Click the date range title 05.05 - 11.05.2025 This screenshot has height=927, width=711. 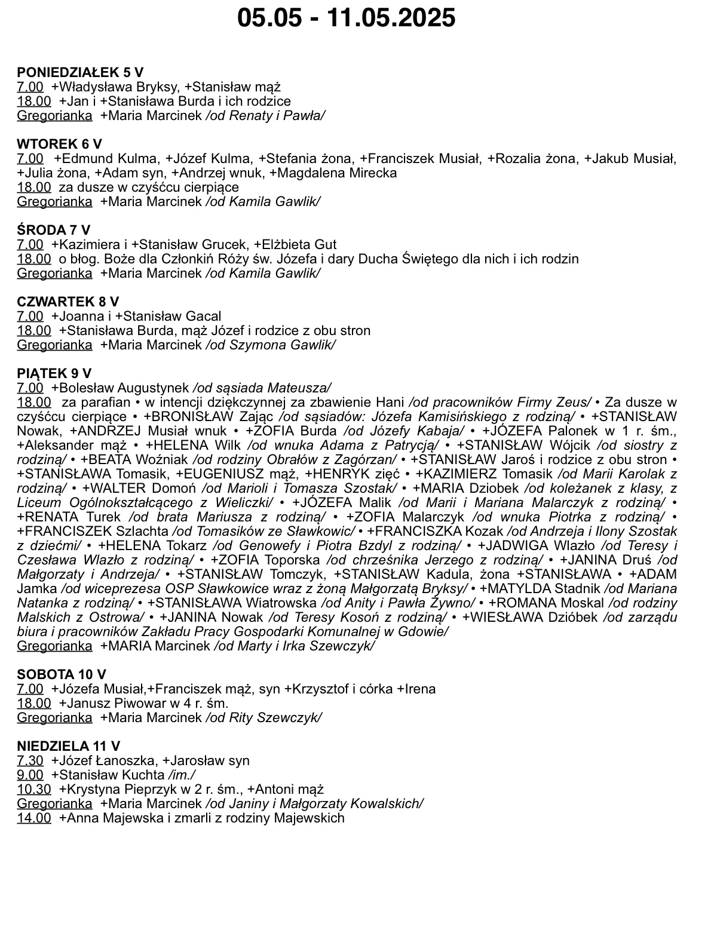[x=347, y=18]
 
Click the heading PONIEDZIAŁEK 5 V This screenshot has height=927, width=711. [x=80, y=72]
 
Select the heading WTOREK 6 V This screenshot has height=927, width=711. [x=59, y=144]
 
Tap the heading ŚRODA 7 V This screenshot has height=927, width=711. [x=53, y=230]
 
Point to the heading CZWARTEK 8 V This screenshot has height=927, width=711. [x=68, y=302]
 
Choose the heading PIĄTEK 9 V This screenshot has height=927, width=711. [x=54, y=373]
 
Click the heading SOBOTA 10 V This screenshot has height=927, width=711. [x=61, y=674]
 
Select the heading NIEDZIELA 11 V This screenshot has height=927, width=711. [x=68, y=746]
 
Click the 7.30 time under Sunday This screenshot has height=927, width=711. [x=30, y=760]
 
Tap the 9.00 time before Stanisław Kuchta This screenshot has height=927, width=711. [x=30, y=775]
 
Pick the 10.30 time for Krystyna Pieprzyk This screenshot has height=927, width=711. [x=33, y=789]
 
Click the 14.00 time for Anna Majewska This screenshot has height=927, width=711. [x=33, y=818]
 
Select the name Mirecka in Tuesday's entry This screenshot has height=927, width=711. [x=373, y=173]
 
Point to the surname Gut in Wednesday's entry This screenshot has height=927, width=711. [x=326, y=244]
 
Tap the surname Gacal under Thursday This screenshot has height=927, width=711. [x=203, y=316]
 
